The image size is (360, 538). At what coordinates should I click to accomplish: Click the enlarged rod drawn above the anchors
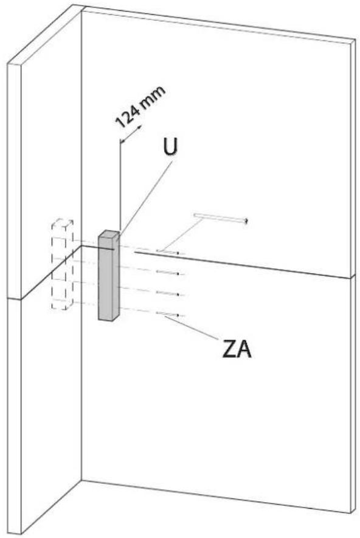coord(220,217)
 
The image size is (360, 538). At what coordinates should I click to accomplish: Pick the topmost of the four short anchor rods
coord(169,252)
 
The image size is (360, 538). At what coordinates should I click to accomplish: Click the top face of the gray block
coord(109,234)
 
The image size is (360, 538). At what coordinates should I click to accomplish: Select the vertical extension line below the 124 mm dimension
coord(120,189)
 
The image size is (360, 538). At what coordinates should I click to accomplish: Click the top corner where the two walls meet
coord(81,9)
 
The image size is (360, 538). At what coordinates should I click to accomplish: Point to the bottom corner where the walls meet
coord(81,481)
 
